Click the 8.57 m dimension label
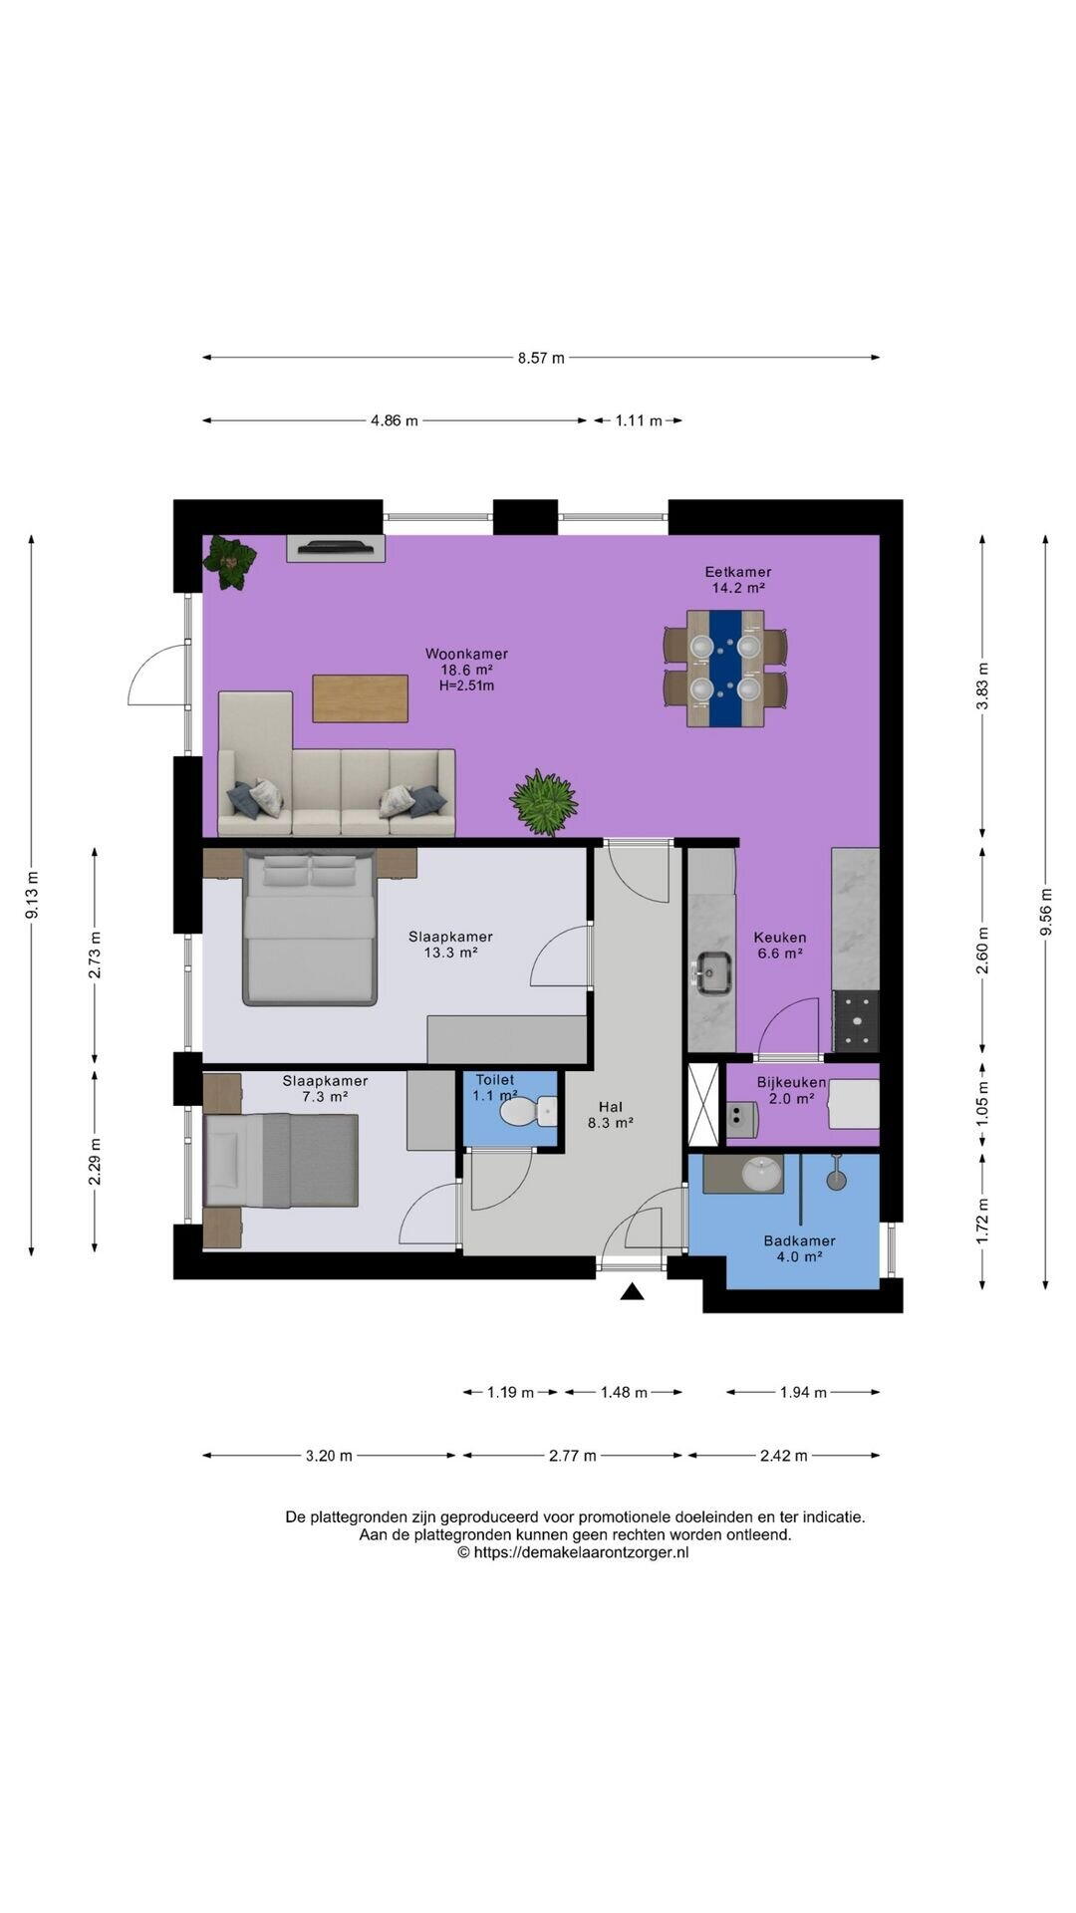point(541,358)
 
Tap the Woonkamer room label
point(466,655)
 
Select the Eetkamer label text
point(738,572)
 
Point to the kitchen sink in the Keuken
point(712,972)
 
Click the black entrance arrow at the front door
point(632,1292)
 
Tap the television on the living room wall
point(336,547)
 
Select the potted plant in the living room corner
point(230,563)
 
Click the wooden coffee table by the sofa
point(360,698)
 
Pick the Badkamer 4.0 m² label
point(799,1248)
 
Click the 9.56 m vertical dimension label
point(1045,911)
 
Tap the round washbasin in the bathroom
point(763,1174)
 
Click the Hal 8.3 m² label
point(611,1114)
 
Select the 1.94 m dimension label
point(803,1393)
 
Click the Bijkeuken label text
point(791,1082)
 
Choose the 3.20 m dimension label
point(329,1456)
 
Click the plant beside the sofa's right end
point(544,802)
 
